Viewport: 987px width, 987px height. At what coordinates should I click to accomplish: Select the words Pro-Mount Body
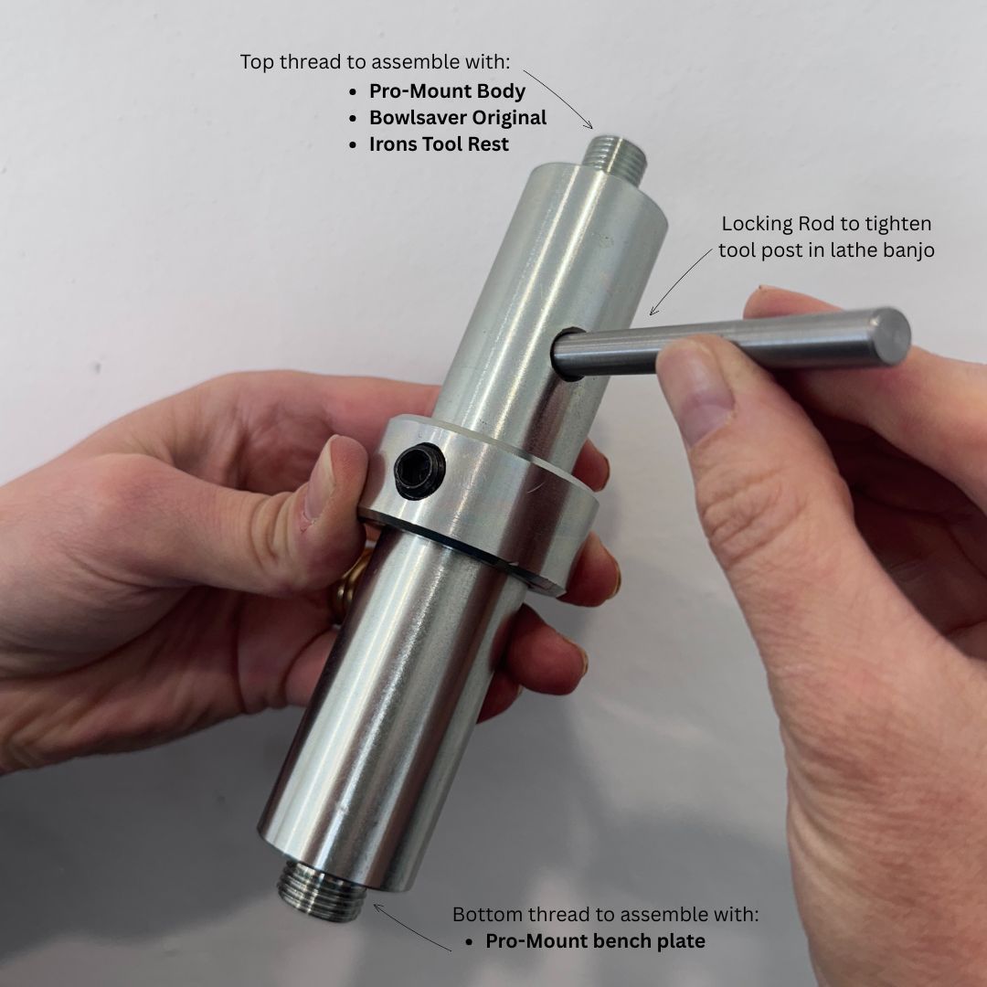tap(447, 91)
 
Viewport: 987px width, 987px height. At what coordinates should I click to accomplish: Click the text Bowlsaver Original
tap(458, 118)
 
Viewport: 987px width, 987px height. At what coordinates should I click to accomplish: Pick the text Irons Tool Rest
tap(439, 144)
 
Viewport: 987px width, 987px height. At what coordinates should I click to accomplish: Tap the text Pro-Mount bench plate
tap(595, 941)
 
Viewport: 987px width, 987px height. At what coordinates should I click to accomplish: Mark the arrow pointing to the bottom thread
tap(411, 927)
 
